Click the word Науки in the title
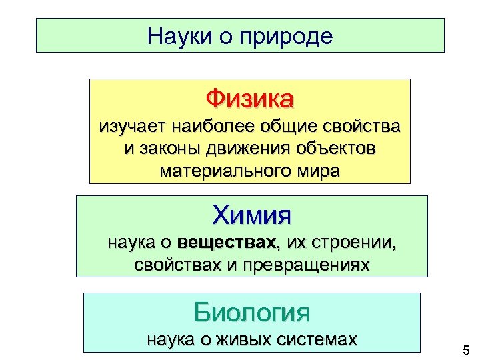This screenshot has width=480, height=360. pos(177,36)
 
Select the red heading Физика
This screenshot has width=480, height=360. pos(249,99)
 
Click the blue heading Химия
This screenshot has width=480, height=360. pos(252,215)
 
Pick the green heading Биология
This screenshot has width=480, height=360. pos(252,311)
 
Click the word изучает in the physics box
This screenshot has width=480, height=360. pos(131,125)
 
